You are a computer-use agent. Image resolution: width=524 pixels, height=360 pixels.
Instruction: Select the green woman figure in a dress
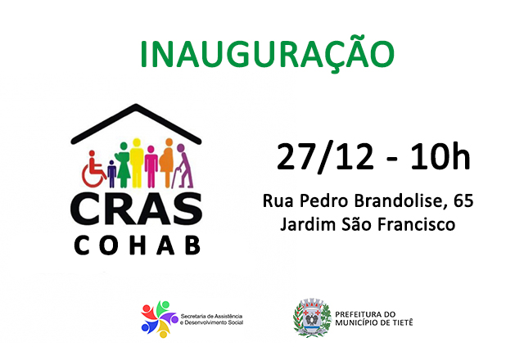coord(124,167)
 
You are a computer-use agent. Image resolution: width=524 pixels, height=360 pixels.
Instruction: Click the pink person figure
coord(151,168)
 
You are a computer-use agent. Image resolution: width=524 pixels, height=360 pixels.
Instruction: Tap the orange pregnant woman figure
coord(168,164)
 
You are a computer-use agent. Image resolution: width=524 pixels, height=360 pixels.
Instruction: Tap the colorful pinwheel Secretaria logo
coord(159,318)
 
